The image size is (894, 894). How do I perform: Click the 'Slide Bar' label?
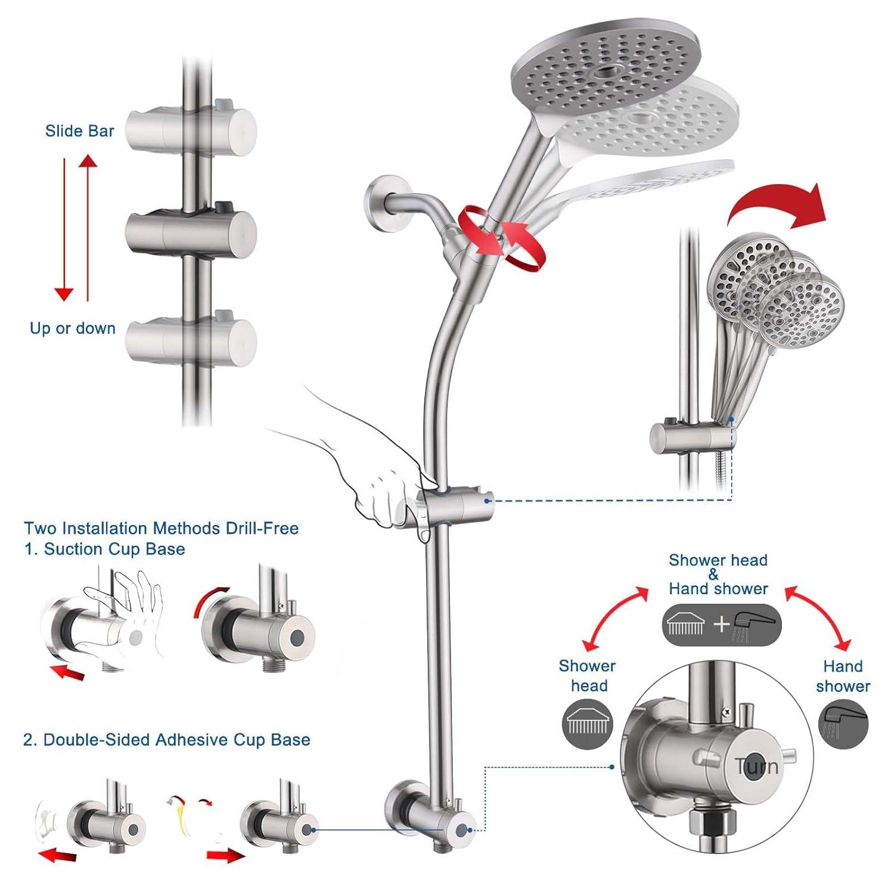[x=79, y=131]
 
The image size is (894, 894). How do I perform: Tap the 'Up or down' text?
[x=73, y=328]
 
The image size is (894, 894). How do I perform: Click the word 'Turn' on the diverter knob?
[x=756, y=766]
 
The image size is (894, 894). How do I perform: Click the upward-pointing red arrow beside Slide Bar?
[x=88, y=226]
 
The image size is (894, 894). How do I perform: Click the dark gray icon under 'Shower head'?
[x=588, y=724]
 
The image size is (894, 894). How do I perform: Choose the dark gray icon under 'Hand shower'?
[x=843, y=724]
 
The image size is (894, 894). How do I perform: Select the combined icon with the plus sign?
[x=721, y=625]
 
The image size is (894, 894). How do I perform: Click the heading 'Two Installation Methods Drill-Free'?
[x=161, y=529]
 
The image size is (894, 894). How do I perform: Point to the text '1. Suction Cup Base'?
[x=105, y=549]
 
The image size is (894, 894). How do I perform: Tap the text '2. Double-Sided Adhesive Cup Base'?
[x=166, y=740]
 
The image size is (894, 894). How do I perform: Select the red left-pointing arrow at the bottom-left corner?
[x=58, y=856]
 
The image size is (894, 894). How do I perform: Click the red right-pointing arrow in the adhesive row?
[x=225, y=856]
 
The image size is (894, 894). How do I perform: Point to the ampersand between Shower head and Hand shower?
[x=713, y=575]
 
